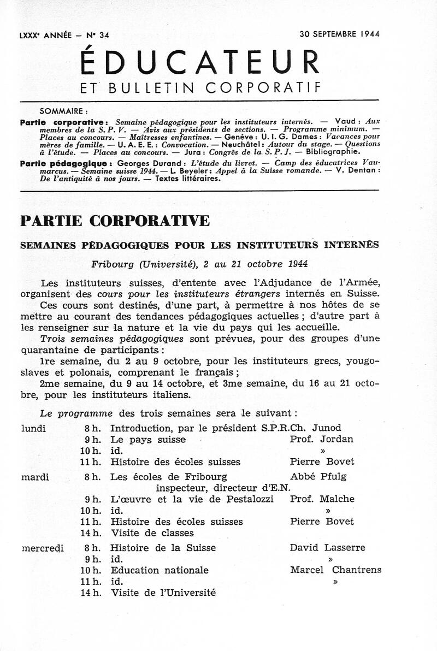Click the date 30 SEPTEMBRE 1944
click(339, 34)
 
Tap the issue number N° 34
click(97, 35)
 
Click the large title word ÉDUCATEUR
click(200, 62)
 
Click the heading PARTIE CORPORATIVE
click(115, 221)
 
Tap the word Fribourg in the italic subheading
click(113, 263)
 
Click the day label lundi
click(33, 428)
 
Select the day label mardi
click(35, 477)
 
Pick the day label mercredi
click(42, 548)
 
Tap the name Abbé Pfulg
click(318, 477)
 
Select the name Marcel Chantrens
click(335, 570)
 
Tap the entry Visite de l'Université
click(163, 593)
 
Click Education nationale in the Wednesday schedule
click(160, 570)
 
